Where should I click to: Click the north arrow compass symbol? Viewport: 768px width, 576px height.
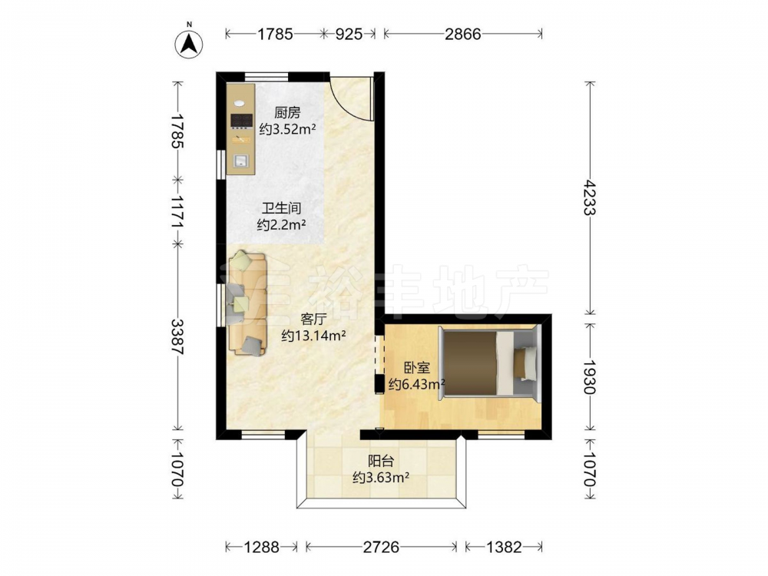tap(189, 44)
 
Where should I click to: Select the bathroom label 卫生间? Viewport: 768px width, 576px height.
tap(281, 208)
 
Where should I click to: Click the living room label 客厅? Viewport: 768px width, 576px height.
tap(314, 319)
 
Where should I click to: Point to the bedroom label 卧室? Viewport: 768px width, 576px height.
tap(417, 367)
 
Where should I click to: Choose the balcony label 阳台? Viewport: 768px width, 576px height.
tap(381, 461)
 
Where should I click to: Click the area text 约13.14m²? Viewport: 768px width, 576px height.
tap(314, 336)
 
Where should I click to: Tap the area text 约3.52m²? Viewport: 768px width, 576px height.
tap(287, 129)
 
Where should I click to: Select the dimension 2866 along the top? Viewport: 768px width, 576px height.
tap(463, 34)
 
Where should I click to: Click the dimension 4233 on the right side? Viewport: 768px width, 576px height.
tap(590, 197)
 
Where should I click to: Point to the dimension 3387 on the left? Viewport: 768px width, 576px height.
tap(178, 337)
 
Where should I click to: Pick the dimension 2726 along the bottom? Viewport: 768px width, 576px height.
tap(381, 547)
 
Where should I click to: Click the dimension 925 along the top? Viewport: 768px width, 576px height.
tap(349, 34)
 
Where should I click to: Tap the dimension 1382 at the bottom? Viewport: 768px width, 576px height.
tap(505, 547)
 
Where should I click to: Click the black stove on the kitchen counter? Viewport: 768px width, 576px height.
tap(241, 121)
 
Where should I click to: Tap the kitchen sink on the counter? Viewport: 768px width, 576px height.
tap(240, 161)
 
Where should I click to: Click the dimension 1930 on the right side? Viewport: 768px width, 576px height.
tap(590, 377)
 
